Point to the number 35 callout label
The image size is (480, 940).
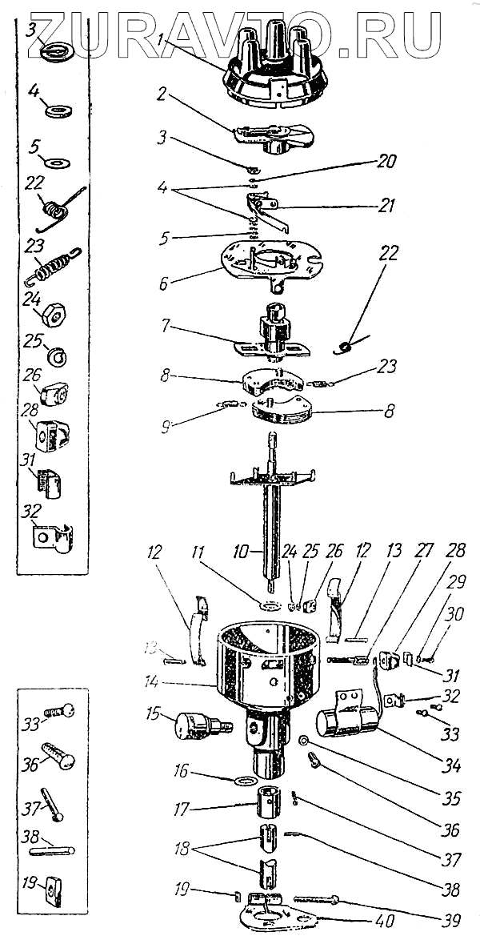(x=452, y=798)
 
